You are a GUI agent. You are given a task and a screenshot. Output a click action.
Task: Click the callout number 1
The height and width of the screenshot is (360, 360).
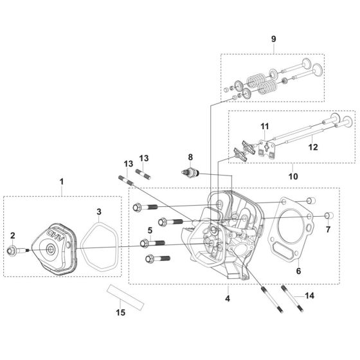[x=61, y=182]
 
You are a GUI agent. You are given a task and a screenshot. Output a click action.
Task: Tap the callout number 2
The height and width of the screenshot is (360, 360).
[x=13, y=235]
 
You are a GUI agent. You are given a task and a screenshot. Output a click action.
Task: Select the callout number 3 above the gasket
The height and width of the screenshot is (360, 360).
[x=99, y=212]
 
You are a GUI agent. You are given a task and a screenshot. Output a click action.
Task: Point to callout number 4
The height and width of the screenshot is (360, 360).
[x=228, y=298]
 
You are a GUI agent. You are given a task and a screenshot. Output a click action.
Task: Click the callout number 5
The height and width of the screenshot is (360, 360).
[x=150, y=230]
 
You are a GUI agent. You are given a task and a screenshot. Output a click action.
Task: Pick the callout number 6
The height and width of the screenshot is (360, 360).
[x=298, y=271]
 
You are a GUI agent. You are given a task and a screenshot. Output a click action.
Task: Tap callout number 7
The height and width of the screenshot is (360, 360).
[x=328, y=229]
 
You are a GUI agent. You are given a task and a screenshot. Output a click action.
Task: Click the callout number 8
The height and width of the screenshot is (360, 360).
[x=190, y=157]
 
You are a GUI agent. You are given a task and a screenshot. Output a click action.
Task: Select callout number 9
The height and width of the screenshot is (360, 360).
[x=273, y=39]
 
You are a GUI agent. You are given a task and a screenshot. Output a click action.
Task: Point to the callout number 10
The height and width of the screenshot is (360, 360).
[x=293, y=176]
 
